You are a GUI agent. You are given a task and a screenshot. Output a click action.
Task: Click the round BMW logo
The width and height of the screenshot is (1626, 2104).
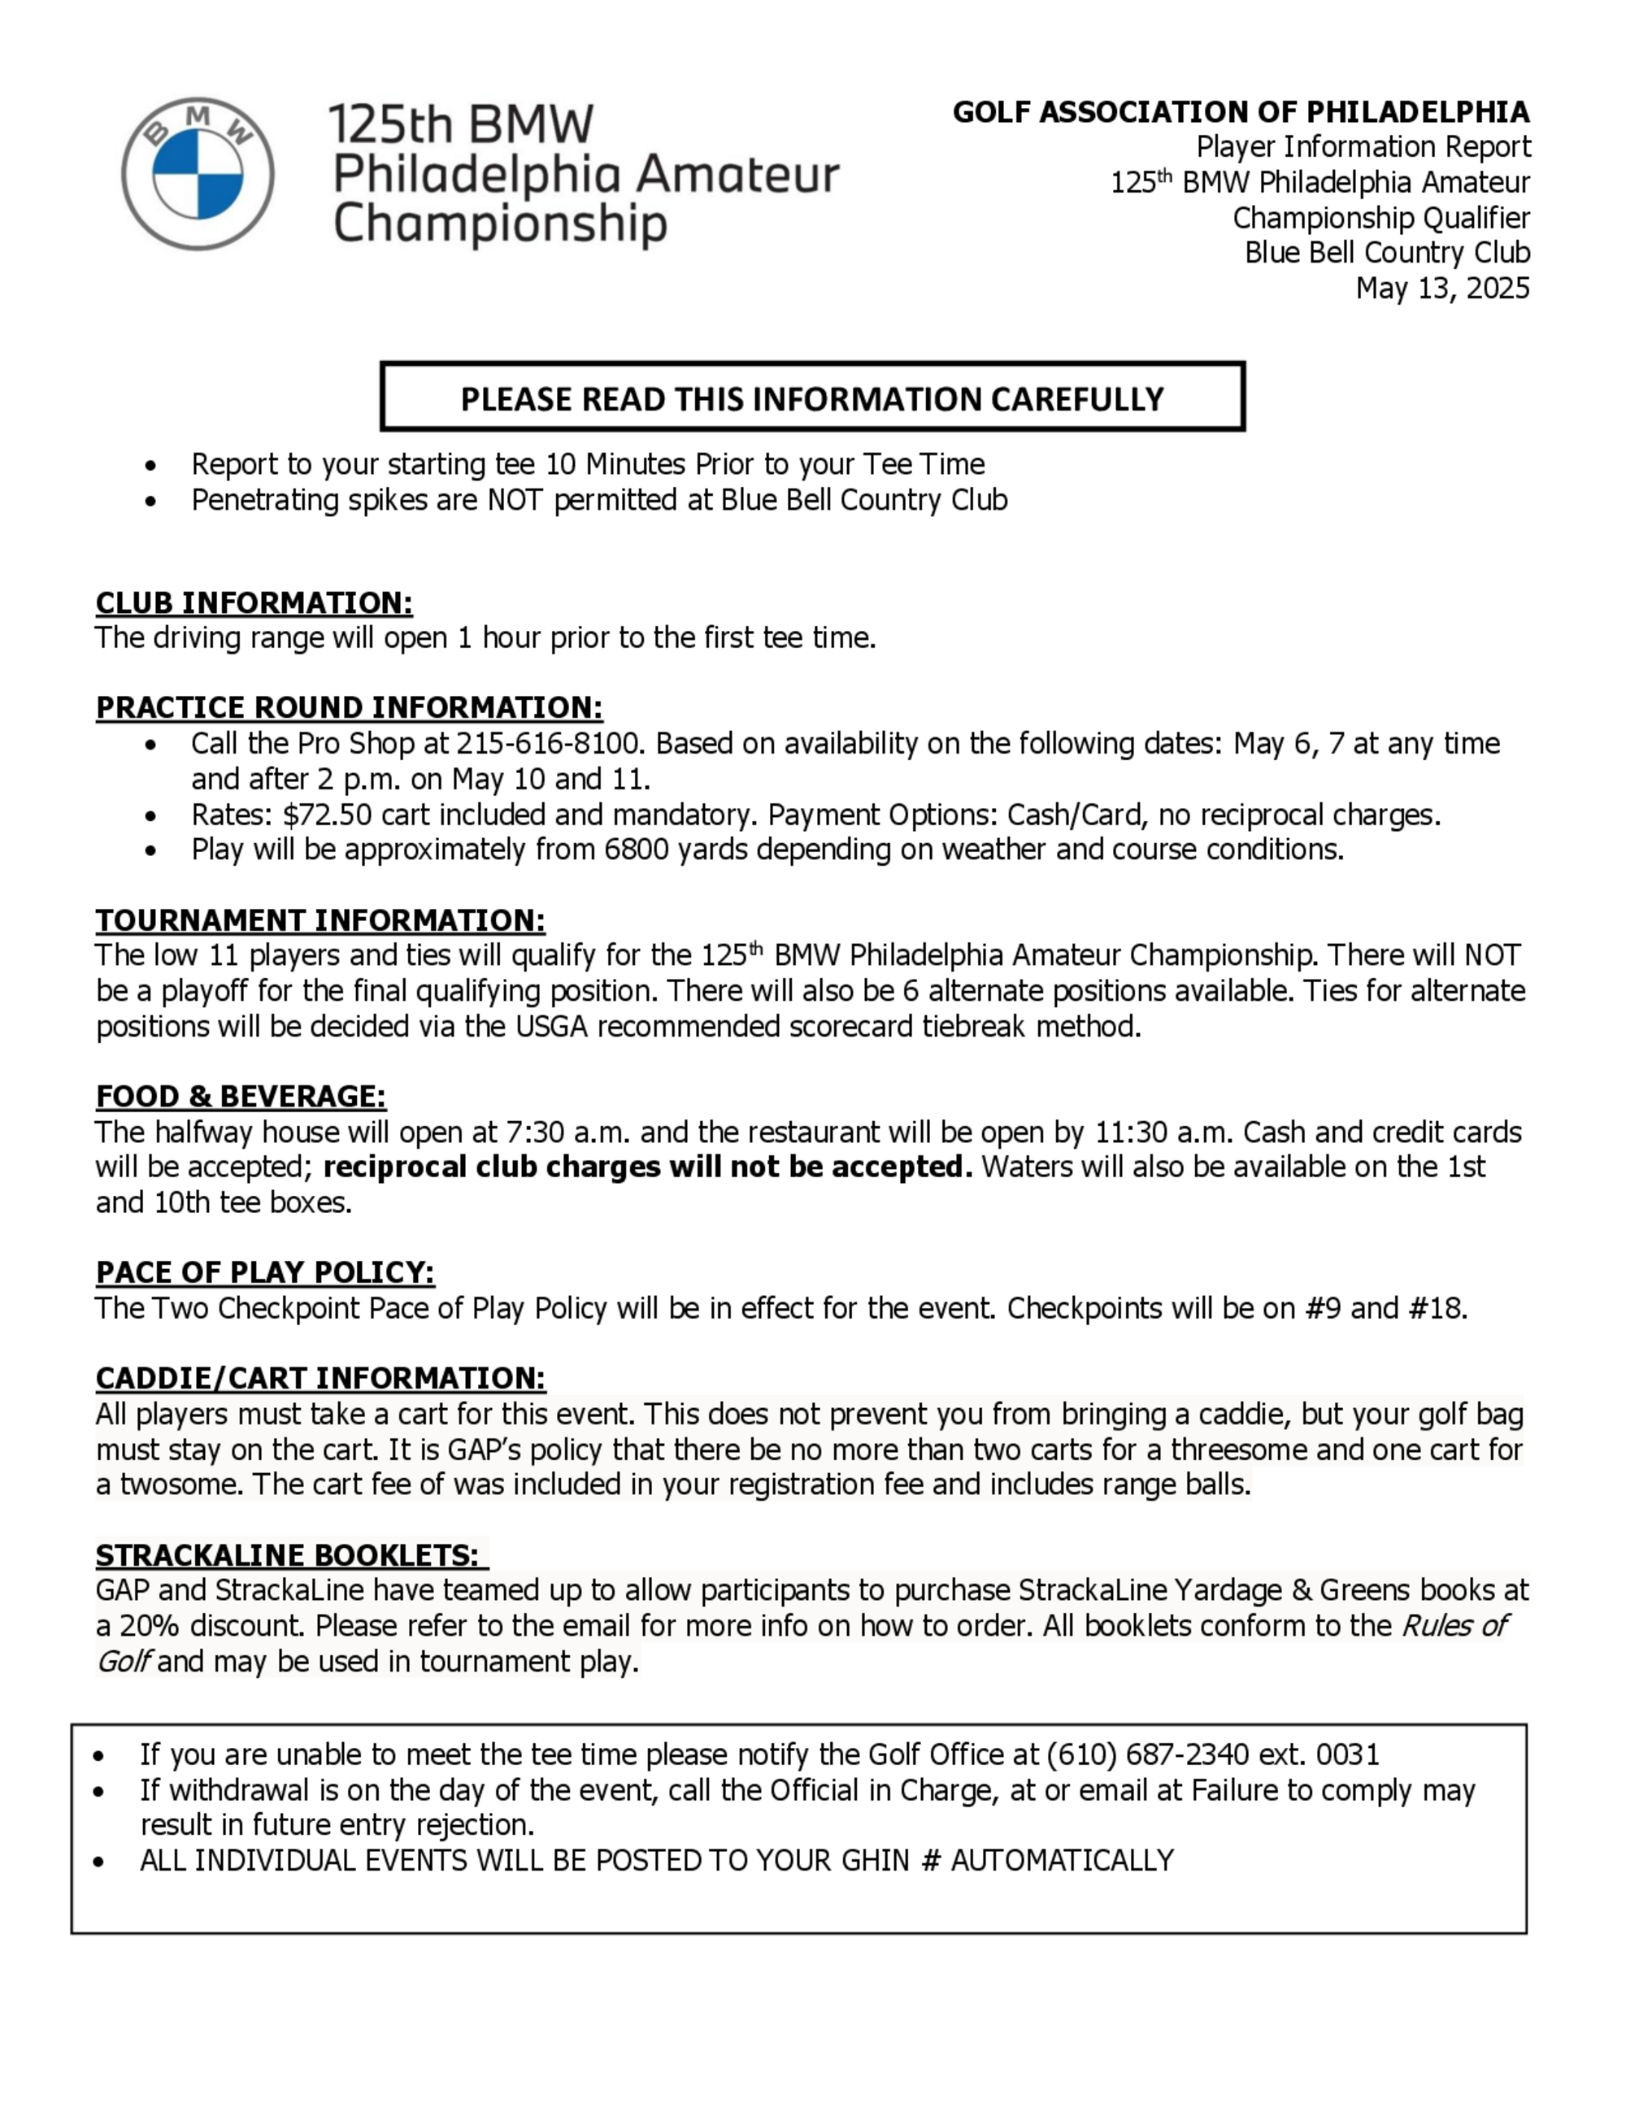pos(198,173)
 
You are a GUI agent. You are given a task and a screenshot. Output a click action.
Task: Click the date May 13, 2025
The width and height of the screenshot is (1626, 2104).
pos(1442,288)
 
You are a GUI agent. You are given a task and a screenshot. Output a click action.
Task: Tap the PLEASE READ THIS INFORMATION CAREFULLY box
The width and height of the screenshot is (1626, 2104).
pos(812,397)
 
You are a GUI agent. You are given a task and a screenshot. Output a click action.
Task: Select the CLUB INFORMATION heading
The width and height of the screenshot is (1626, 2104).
pos(254,603)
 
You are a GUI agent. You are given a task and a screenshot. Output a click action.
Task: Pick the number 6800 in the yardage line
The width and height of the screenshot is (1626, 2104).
pos(637,850)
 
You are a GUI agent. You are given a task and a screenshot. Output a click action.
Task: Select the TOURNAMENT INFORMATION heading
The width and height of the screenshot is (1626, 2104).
pos(320,920)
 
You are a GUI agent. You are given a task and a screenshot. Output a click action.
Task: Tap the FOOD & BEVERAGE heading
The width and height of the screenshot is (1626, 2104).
pos(241,1097)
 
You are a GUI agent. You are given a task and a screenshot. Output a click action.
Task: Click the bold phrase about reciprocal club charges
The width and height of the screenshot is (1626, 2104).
pos(647,1167)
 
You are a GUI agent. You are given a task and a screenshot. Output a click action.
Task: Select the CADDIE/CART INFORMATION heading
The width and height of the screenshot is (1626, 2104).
pos(320,1379)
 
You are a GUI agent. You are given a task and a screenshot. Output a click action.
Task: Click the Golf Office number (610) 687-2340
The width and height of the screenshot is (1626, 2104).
pos(1147,1754)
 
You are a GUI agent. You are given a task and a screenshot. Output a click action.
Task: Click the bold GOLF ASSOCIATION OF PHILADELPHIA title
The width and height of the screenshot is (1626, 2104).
pos(1241,113)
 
